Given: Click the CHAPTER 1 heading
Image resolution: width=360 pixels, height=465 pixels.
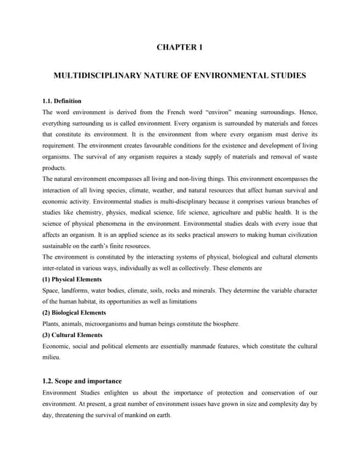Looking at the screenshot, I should (180, 47).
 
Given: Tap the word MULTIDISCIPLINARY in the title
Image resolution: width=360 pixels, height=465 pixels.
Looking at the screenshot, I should (91, 75).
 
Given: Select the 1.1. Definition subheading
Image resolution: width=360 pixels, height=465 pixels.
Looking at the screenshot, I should (62, 100).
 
